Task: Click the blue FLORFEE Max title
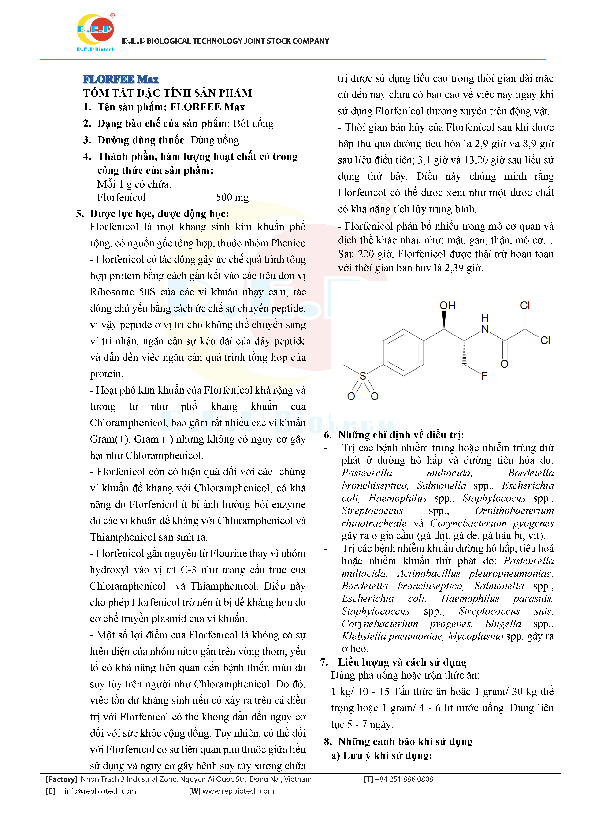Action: pyautogui.click(x=121, y=79)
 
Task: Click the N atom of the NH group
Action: pyautogui.click(x=485, y=329)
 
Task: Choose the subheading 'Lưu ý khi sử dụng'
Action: pyautogui.click(x=387, y=756)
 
